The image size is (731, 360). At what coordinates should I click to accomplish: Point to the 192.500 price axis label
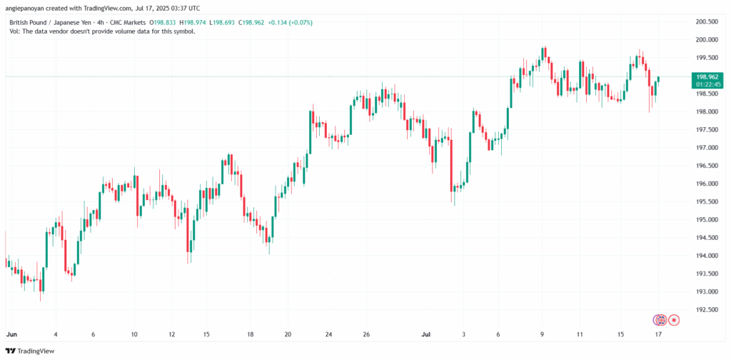[x=706, y=309]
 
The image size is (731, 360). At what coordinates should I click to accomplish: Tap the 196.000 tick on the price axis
[x=706, y=184]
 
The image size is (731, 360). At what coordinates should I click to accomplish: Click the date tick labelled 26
[x=365, y=334]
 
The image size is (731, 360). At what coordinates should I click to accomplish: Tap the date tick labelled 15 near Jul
[x=621, y=334]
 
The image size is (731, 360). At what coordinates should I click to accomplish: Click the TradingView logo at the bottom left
[x=29, y=351]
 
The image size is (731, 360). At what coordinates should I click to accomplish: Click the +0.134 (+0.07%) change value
[x=290, y=22]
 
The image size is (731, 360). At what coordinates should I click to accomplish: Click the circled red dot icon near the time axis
[x=673, y=319]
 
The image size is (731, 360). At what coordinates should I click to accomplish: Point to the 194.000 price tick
[x=706, y=256]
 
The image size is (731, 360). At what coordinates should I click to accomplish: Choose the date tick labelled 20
[x=287, y=334]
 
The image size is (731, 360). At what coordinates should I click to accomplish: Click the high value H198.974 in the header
[x=201, y=22]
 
